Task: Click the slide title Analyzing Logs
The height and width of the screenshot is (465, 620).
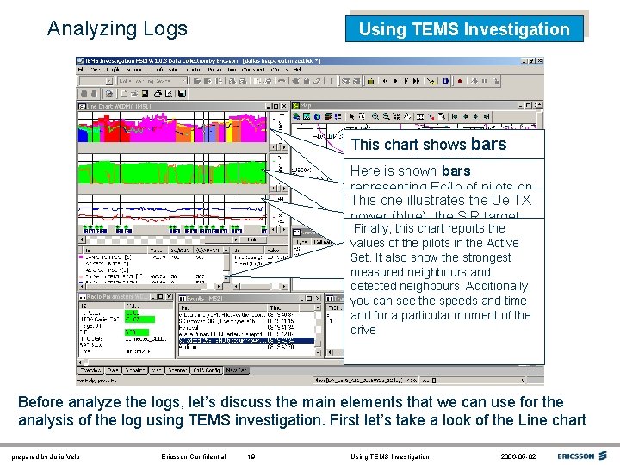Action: click(117, 28)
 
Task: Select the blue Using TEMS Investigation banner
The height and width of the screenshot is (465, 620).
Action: click(464, 29)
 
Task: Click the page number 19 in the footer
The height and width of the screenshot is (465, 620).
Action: click(251, 456)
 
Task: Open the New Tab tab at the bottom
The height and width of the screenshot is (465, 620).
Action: click(237, 371)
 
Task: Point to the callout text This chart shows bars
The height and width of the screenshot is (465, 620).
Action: click(429, 145)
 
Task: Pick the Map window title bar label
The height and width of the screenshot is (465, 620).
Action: click(305, 107)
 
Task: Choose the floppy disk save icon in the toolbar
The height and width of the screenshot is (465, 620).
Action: click(146, 93)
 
